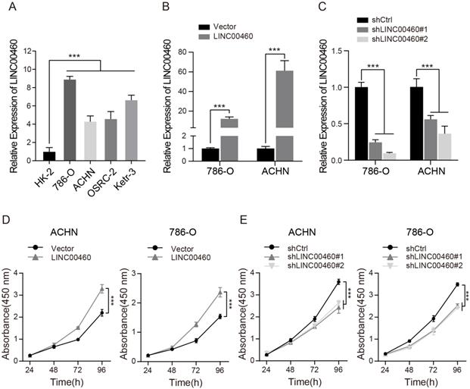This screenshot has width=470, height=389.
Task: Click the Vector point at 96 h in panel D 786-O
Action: pos(219,317)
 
